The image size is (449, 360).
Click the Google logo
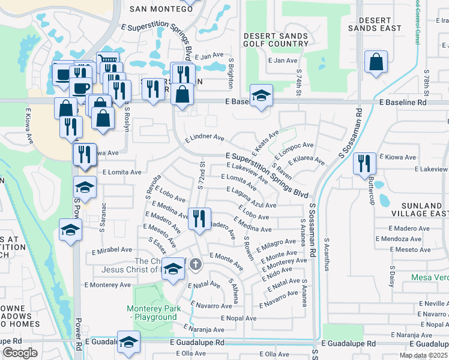pos(20,353)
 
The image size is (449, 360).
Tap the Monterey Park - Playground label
pos(152,313)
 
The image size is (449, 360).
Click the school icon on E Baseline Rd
pos(261,96)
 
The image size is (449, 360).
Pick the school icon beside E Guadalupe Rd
pos(128,343)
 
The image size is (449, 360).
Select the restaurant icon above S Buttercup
pos(364,163)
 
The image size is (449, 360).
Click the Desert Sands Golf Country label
pos(276,40)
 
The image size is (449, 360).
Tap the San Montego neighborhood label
pos(155,9)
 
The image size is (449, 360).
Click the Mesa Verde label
pos(430,277)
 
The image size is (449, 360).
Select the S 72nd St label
pos(202,176)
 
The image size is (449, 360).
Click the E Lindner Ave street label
pos(205,137)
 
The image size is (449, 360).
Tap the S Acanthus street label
pos(327,256)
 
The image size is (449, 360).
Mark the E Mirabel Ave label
pos(109,250)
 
